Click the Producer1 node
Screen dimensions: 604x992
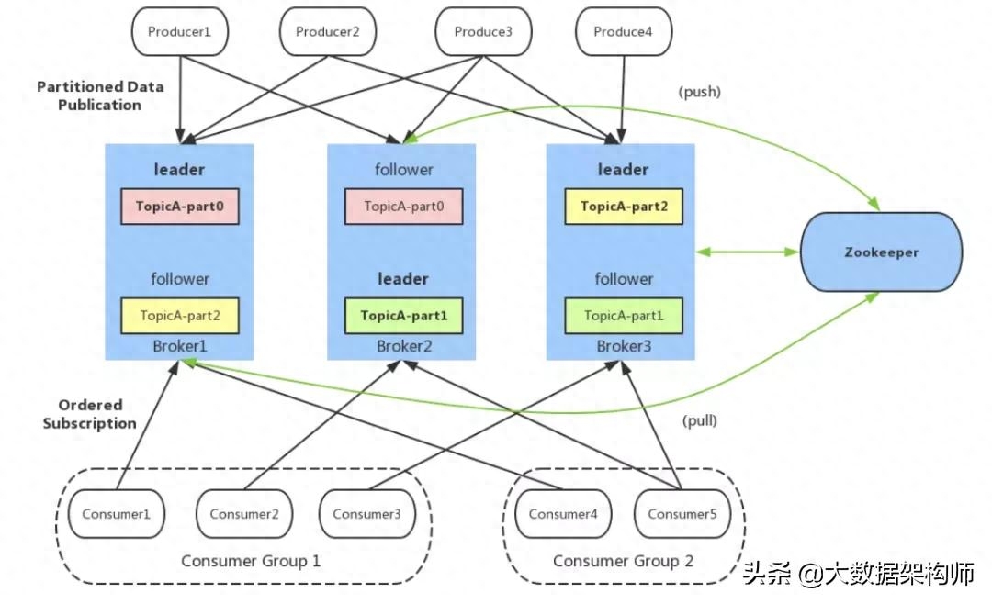pos(181,31)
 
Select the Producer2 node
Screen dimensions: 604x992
pos(328,31)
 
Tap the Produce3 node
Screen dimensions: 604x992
pos(483,31)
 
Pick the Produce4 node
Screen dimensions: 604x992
pos(625,31)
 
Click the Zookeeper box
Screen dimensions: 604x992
pos(882,252)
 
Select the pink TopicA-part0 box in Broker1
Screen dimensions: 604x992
pos(180,207)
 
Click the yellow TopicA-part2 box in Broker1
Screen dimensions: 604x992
pos(180,316)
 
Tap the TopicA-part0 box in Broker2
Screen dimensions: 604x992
pos(404,207)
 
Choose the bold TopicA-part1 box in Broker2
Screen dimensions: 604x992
pos(404,316)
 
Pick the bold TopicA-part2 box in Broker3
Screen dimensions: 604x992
pos(624,207)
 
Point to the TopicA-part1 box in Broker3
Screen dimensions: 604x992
pos(624,316)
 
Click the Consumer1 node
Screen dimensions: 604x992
pos(116,514)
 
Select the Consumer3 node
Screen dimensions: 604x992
pos(366,514)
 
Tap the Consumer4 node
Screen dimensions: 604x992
pos(564,514)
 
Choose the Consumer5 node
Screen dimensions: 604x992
pos(682,514)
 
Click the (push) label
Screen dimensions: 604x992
pos(700,92)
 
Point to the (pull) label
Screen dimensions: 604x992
pos(700,421)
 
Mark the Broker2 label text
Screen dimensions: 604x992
pos(403,346)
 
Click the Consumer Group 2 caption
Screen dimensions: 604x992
pos(624,561)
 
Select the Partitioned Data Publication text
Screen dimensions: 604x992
pos(100,95)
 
